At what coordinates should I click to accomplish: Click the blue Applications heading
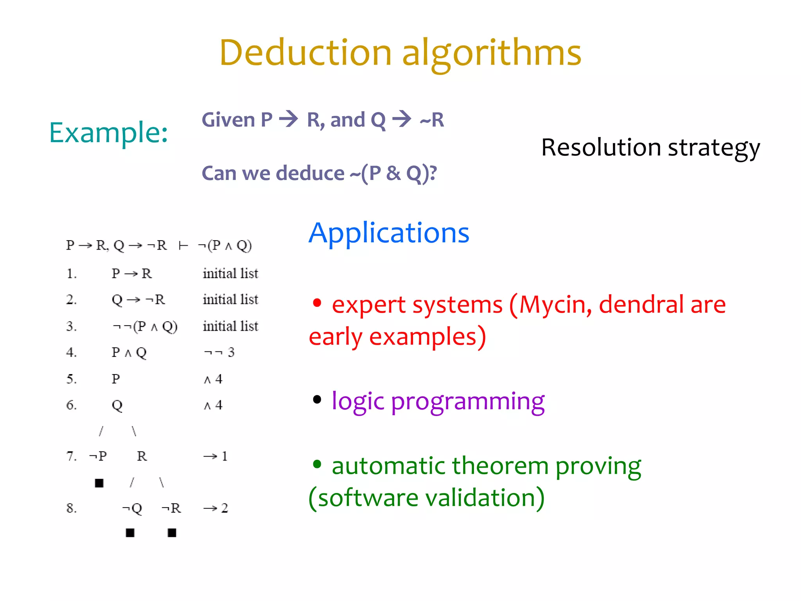pos(389,233)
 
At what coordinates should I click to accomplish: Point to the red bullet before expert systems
pos(317,303)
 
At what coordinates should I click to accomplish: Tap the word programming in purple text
pos(467,401)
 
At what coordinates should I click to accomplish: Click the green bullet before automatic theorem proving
pos(317,464)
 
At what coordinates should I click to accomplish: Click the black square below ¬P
pos(99,483)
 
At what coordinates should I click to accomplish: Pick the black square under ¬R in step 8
pos(172,533)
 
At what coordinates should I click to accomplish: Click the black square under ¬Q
pos(130,533)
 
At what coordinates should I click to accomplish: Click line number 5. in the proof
pos(71,379)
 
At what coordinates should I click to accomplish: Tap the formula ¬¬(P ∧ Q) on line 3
pos(145,326)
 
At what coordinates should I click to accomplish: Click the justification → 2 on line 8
pos(215,508)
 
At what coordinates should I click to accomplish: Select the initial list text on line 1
pos(230,273)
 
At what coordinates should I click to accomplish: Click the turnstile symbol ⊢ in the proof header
pos(183,246)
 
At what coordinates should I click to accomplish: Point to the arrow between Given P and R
pos(289,119)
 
